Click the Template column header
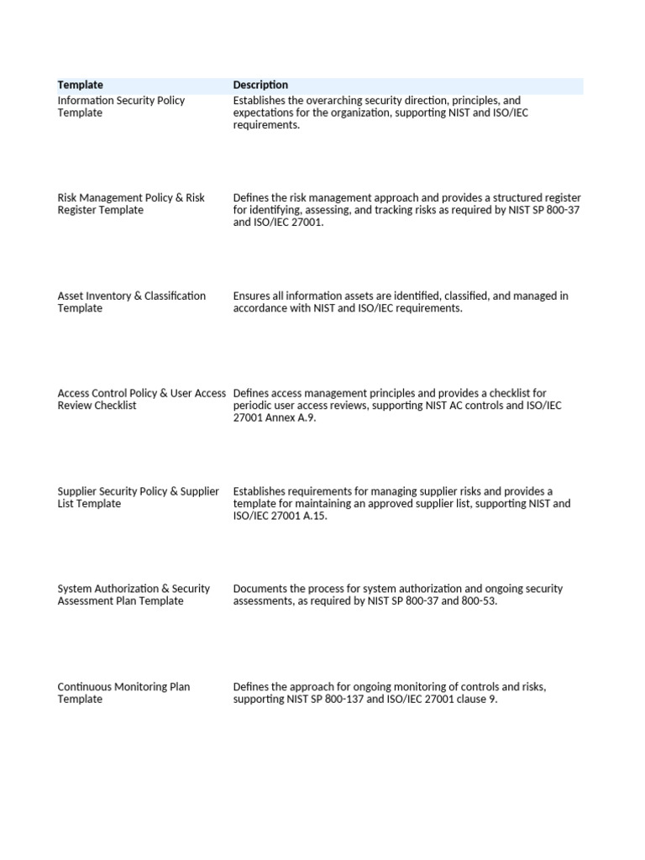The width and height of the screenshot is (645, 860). click(81, 85)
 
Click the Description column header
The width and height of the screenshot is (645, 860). click(260, 85)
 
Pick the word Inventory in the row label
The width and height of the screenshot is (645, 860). click(113, 296)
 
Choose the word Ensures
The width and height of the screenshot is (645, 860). click(253, 296)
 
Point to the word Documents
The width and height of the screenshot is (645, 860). click(260, 589)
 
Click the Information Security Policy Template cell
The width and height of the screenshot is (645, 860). click(121, 107)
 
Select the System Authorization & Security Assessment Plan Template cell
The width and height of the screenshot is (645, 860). click(134, 595)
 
